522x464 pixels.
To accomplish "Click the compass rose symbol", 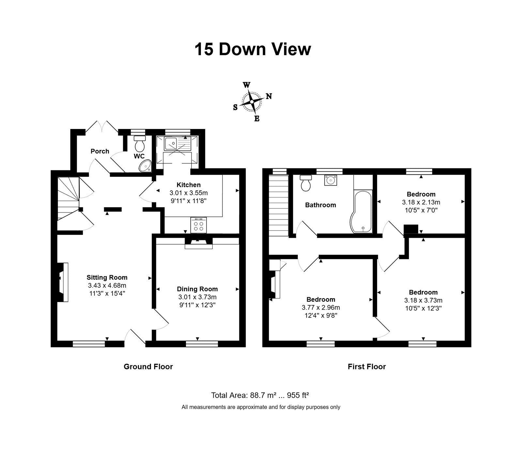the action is pyautogui.click(x=252, y=102).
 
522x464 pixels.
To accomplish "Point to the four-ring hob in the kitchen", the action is pyautogui.click(x=199, y=225).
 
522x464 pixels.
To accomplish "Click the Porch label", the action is pyautogui.click(x=100, y=151).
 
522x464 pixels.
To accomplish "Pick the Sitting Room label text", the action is pyautogui.click(x=107, y=278).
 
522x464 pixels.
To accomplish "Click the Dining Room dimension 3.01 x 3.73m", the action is pyautogui.click(x=197, y=297).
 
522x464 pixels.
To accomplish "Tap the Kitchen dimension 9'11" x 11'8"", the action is pyautogui.click(x=189, y=201).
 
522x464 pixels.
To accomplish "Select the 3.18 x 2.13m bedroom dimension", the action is pyautogui.click(x=421, y=202).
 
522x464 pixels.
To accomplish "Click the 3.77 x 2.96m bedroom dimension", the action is pyautogui.click(x=321, y=308).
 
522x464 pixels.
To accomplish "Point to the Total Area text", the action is pyautogui.click(x=260, y=395).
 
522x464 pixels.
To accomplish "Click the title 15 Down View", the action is pyautogui.click(x=253, y=49).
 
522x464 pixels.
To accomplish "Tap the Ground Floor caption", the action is pyautogui.click(x=148, y=367).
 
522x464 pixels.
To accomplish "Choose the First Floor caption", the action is pyautogui.click(x=367, y=367).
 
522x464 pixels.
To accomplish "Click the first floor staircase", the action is pyautogui.click(x=278, y=205).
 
